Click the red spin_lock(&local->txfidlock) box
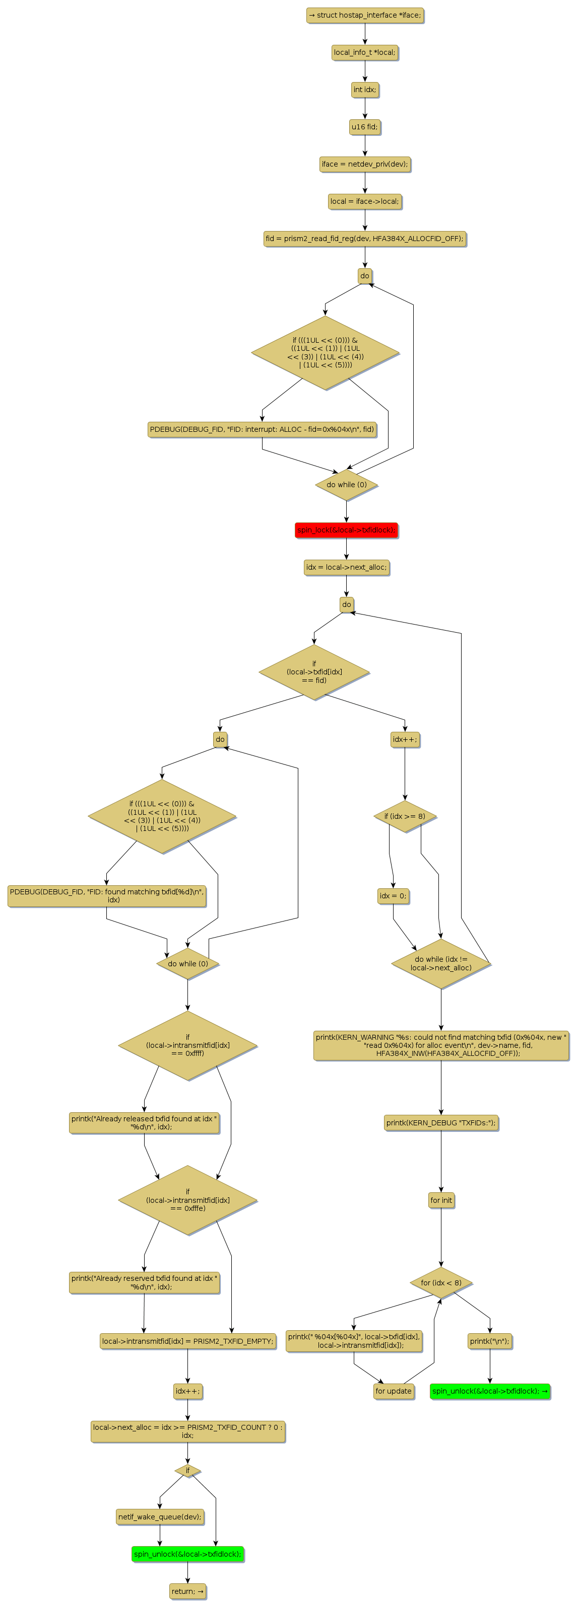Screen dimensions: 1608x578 point(346,530)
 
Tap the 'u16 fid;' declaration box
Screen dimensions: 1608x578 point(364,127)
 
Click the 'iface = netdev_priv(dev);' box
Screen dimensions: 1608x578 point(364,164)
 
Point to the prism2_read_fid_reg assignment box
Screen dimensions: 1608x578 point(364,239)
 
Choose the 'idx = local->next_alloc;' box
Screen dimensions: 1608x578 point(346,567)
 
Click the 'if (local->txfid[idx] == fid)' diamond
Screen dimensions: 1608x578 point(313,672)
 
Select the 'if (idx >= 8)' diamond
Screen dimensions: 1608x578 point(404,816)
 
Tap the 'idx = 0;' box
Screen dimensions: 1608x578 point(393,896)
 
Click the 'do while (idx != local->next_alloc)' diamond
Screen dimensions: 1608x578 point(440,963)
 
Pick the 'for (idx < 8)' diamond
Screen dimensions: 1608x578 point(440,1283)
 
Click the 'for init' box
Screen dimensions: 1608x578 point(440,1200)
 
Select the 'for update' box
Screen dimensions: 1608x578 point(393,1391)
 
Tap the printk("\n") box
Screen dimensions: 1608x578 point(489,1341)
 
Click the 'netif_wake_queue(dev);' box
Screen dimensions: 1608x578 point(160,1516)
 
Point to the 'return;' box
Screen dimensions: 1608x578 point(187,1591)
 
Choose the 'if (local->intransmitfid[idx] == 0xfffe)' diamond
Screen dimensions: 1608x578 point(187,1200)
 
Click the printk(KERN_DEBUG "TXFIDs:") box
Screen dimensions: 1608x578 point(440,1122)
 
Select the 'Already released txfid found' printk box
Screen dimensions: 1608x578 point(144,1122)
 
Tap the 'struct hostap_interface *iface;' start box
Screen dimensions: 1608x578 point(364,16)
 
